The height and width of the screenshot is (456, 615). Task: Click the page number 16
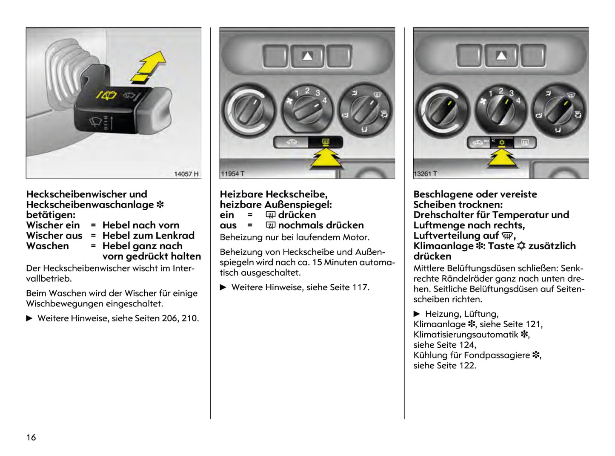31,437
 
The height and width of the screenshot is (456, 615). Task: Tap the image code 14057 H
186,174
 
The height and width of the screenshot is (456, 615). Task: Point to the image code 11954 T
232,174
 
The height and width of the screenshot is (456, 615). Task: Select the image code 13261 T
426,174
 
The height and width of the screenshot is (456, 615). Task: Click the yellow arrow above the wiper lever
150,66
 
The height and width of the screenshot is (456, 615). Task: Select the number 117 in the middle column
360,287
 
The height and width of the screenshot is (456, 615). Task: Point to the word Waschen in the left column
47,246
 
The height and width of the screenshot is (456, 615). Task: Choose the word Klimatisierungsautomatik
466,335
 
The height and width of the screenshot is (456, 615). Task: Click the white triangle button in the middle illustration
307,56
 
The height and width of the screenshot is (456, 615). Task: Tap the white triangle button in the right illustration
501,56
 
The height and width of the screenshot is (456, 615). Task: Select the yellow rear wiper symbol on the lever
106,95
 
